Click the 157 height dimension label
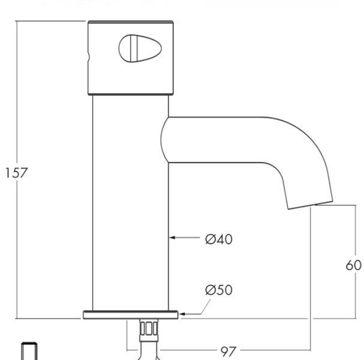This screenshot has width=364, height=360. (16, 173)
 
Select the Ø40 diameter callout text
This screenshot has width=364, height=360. (218, 239)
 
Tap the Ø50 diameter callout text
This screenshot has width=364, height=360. (218, 290)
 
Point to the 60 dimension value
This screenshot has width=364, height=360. (353, 265)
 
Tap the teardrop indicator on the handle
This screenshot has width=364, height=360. (132, 47)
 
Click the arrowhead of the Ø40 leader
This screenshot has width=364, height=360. (172, 238)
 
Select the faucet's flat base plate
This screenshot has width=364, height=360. (130, 314)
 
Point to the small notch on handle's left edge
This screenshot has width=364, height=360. (89, 58)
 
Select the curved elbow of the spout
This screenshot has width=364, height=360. (306, 162)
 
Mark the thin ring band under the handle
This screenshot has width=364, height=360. (130, 94)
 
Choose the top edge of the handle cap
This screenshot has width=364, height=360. (130, 22)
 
